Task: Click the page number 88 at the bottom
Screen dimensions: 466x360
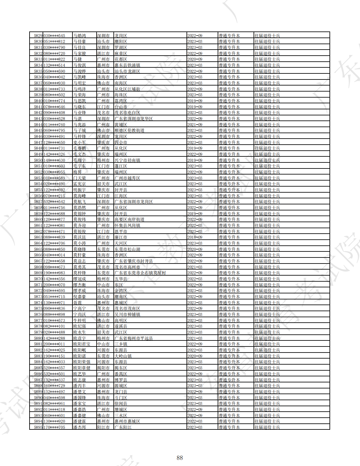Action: tap(180, 458)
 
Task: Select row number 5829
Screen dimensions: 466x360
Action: tap(38, 36)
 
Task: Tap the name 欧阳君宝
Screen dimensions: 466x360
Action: tap(82, 344)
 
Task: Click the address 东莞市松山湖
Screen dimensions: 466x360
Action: tap(127, 249)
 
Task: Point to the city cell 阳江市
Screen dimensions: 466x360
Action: tap(103, 427)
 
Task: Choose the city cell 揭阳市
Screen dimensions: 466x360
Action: tap(103, 368)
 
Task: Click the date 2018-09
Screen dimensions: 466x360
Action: tap(195, 237)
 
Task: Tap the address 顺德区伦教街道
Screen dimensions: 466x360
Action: tap(129, 130)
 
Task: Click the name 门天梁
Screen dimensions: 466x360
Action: tap(79, 178)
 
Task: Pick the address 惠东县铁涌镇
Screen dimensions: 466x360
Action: tap(127, 65)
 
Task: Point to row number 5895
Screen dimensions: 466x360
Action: tap(38, 427)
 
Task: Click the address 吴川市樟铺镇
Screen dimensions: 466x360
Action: tap(127, 314)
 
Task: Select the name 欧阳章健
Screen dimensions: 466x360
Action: tap(82, 368)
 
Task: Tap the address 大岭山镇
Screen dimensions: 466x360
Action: tap(123, 356)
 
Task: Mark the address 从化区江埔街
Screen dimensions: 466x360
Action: tap(127, 89)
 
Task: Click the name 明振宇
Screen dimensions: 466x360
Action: tap(79, 190)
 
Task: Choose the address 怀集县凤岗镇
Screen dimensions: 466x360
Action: tap(127, 225)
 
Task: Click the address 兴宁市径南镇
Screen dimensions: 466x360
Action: tap(127, 160)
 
